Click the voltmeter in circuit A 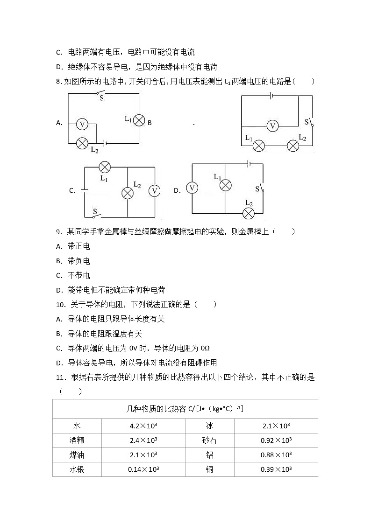[82, 124]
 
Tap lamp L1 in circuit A [139, 120]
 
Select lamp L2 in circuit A [82, 143]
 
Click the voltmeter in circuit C [154, 191]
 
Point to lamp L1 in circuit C [105, 167]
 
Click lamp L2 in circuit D [249, 214]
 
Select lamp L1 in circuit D [226, 185]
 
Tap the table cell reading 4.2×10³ [143, 426]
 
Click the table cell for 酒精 [77, 440]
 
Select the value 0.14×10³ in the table [143, 469]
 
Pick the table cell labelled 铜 [209, 469]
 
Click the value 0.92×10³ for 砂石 [276, 440]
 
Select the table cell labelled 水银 [77, 469]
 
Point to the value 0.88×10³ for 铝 [276, 454]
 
